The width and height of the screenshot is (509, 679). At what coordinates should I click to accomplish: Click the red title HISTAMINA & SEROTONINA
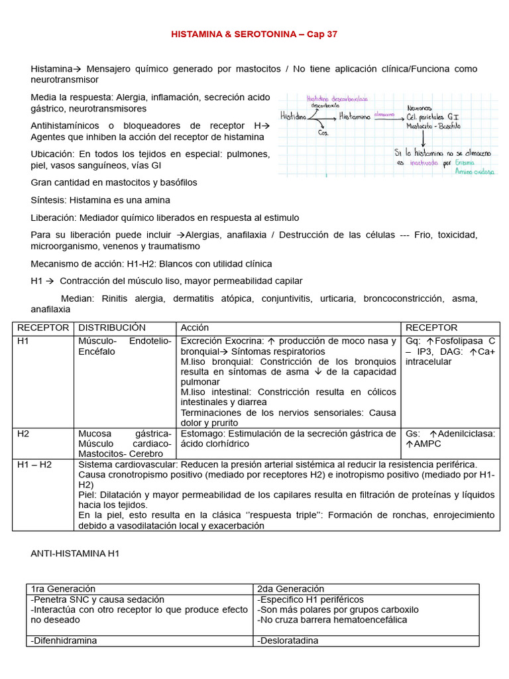click(254, 34)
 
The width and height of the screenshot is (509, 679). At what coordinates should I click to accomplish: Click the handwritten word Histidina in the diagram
click(294, 117)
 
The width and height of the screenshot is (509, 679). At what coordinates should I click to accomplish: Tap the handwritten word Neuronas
click(419, 107)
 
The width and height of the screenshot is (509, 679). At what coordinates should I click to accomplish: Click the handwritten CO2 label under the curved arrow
click(323, 132)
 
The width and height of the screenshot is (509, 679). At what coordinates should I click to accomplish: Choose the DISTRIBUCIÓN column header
click(112, 328)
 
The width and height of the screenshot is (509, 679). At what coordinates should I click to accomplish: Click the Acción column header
click(194, 328)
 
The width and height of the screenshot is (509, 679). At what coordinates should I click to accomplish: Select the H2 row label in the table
click(24, 433)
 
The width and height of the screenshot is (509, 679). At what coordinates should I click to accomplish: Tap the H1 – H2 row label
click(32, 464)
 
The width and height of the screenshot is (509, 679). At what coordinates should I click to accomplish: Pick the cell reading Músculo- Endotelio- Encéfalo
click(125, 346)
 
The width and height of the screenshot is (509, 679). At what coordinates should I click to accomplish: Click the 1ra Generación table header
click(64, 589)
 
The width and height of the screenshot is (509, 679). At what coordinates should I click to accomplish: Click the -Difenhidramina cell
click(64, 641)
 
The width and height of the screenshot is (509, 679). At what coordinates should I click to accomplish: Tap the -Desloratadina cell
click(288, 641)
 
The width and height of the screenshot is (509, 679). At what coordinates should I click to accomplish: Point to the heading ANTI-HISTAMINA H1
click(74, 553)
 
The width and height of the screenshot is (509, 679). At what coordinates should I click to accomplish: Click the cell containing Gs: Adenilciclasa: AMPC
click(449, 438)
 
